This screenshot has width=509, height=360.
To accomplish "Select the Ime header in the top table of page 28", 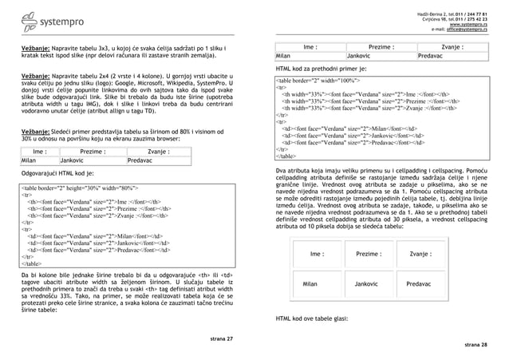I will (x=311, y=47).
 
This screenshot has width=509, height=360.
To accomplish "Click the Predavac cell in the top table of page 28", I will (x=434, y=57).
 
